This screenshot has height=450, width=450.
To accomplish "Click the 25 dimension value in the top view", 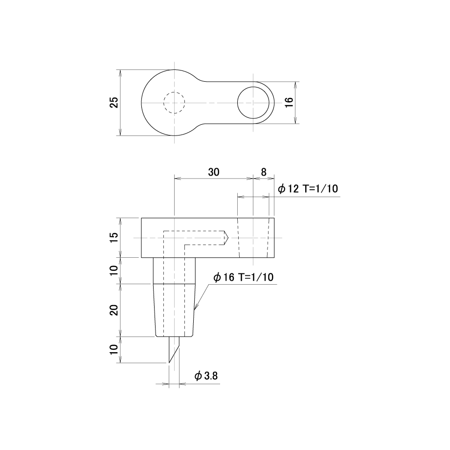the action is coord(114,102).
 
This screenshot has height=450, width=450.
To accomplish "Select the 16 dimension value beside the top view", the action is coord(289,102).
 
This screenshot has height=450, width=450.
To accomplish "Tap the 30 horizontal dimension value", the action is coord(214,172).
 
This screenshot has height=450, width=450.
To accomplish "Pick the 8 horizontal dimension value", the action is coord(264,172).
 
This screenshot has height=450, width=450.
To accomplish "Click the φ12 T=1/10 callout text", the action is coord(308,189).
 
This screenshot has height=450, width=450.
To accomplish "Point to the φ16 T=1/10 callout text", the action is coord(244,277).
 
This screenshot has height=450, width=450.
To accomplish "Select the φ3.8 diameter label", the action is coord(206,376).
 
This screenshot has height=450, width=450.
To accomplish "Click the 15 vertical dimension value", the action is coord(114,238).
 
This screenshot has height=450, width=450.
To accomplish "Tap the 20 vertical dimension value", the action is coord(114,310).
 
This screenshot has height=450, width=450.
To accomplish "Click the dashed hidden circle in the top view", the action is coord(174,92).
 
